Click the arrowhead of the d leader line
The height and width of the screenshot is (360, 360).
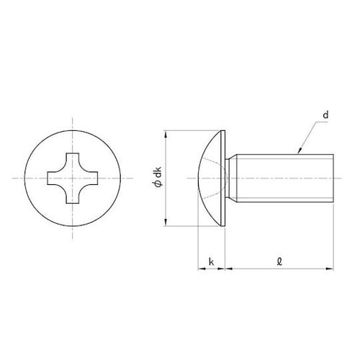pos(297,150)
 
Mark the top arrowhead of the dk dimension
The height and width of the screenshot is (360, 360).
pos(166,134)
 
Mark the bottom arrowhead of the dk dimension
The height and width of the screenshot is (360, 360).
pos(166,222)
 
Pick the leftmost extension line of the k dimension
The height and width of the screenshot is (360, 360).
pos(197,248)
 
